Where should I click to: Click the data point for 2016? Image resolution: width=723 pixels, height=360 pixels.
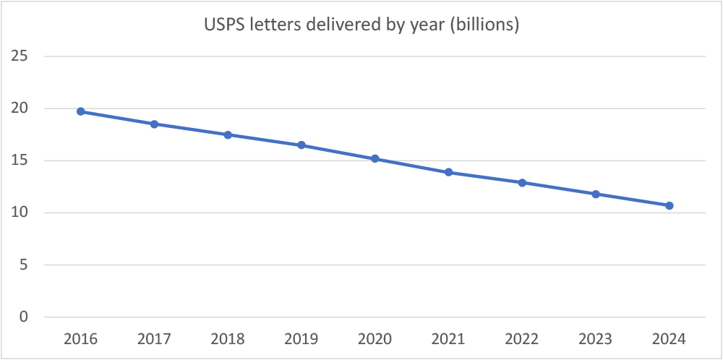click(80, 111)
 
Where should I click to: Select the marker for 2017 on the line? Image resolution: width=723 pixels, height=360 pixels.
click(154, 124)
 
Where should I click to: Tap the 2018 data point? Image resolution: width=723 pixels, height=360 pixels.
click(228, 134)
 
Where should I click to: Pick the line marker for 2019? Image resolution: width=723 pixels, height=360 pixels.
click(301, 145)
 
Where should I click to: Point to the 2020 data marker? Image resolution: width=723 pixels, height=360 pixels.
click(375, 158)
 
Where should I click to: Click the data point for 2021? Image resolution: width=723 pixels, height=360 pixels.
click(448, 172)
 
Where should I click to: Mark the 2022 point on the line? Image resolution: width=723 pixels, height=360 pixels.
click(522, 182)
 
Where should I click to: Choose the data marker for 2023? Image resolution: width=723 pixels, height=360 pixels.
click(596, 194)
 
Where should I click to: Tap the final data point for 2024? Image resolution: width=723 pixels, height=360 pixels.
click(669, 205)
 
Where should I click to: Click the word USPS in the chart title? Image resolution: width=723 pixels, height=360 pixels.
click(220, 25)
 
